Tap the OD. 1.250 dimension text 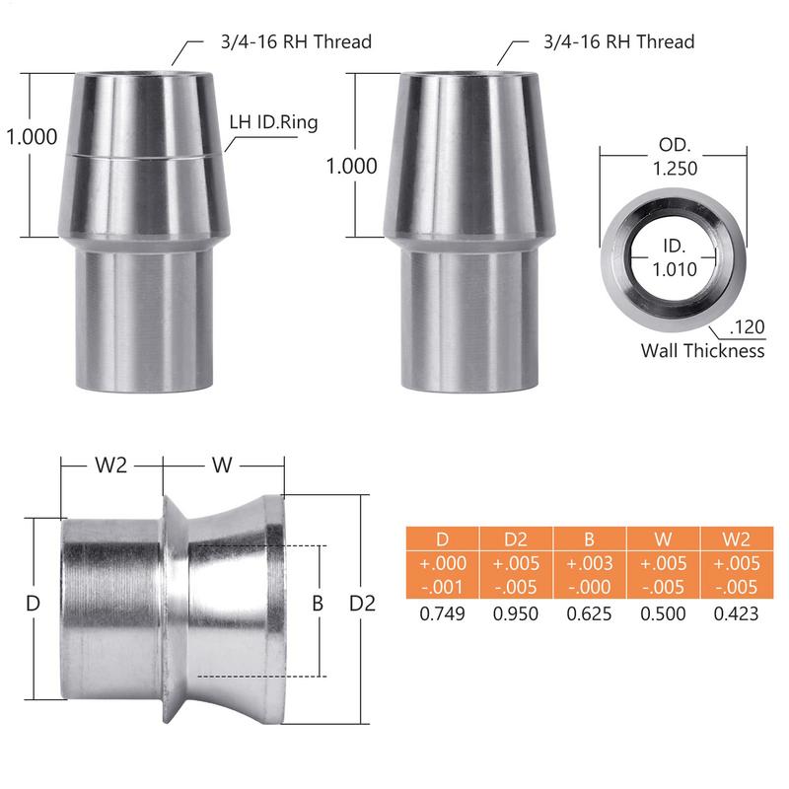click(x=673, y=157)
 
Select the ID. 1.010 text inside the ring click(x=674, y=255)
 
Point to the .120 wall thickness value click(x=746, y=327)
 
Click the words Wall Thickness click(x=702, y=350)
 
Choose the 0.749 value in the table click(x=442, y=612)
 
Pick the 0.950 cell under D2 click(x=516, y=612)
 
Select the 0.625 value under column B click(x=590, y=612)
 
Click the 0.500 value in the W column click(x=663, y=612)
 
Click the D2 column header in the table click(x=516, y=538)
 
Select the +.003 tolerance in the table click(x=590, y=563)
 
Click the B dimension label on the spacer click(x=318, y=604)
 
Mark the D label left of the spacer click(x=33, y=604)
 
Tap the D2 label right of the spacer click(x=363, y=604)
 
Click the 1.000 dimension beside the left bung click(x=32, y=137)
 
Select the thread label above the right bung click(x=618, y=41)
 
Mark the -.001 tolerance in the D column click(x=442, y=588)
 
